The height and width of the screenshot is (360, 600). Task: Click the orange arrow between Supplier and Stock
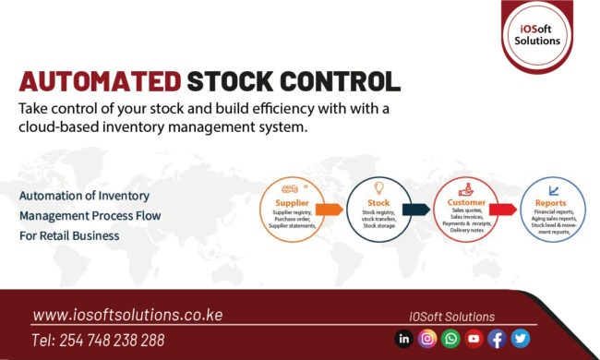[x=330, y=210]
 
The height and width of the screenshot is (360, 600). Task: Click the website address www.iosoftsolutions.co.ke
[x=127, y=315]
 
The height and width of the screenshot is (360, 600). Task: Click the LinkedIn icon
[x=404, y=339]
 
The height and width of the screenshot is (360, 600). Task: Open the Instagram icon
[x=427, y=339]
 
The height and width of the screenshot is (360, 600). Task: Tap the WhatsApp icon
[x=450, y=339]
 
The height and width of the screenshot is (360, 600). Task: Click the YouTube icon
[x=474, y=339]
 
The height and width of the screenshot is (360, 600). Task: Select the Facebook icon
[x=497, y=339]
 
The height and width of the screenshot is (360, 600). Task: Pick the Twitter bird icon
[x=520, y=339]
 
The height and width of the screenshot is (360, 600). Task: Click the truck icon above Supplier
[x=288, y=187]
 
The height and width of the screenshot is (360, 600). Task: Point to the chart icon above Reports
[x=552, y=188]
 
